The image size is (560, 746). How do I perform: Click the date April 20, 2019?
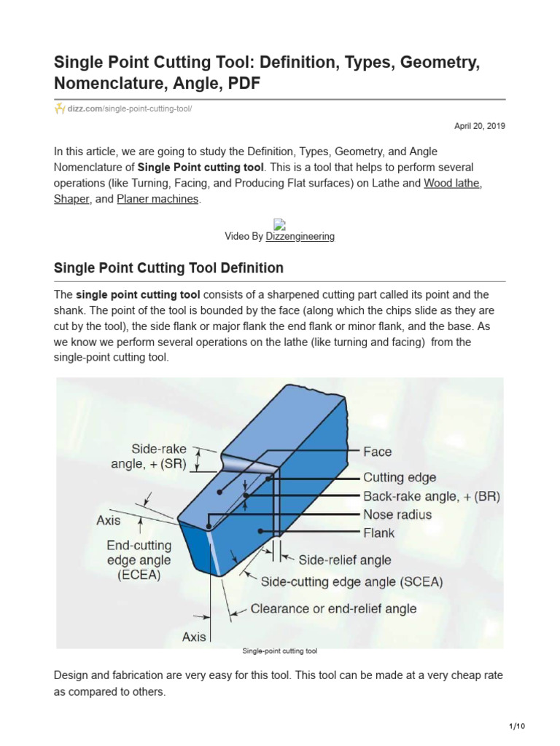(x=480, y=126)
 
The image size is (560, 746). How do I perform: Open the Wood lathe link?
(x=452, y=183)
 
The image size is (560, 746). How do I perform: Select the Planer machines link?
(x=157, y=199)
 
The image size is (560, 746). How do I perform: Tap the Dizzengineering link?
(x=300, y=236)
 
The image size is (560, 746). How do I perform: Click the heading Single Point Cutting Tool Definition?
(x=168, y=268)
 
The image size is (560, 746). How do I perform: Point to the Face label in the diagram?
(x=377, y=452)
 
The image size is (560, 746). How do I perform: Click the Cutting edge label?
(x=400, y=478)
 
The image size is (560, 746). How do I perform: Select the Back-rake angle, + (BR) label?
(x=431, y=496)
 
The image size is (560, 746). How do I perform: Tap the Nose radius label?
(x=397, y=514)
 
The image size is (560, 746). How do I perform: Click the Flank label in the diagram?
(x=378, y=533)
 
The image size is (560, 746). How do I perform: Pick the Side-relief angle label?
(x=344, y=560)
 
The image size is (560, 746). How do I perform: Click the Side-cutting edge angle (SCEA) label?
(x=351, y=582)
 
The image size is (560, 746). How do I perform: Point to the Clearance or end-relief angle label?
(x=333, y=608)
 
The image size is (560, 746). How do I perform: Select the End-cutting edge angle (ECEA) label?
(x=139, y=560)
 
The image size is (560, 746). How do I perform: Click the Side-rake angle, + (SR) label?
(x=149, y=457)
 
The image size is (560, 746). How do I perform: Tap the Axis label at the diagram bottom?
(x=194, y=637)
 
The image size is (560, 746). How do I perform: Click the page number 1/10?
(x=516, y=726)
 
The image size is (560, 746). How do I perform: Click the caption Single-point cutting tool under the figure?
(x=279, y=651)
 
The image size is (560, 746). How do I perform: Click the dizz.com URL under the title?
(x=131, y=109)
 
